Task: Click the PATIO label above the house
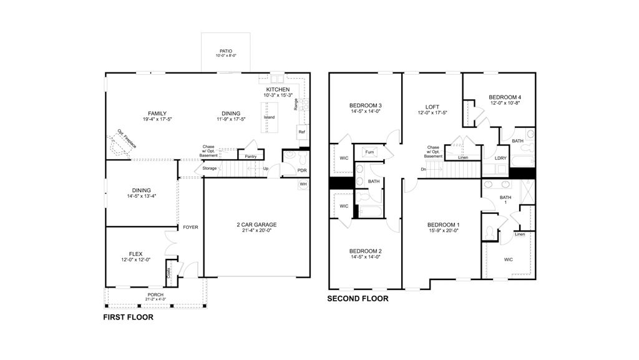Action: (x=226, y=51)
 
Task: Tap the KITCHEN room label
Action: (x=278, y=90)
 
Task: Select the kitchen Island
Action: (x=270, y=117)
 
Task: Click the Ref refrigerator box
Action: (x=302, y=132)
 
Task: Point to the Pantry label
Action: (x=251, y=157)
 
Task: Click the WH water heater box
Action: (x=303, y=184)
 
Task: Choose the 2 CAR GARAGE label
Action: (x=256, y=225)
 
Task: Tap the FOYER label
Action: (x=190, y=227)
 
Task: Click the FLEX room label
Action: (x=135, y=254)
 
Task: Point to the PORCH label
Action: (x=155, y=295)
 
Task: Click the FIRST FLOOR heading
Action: (x=129, y=317)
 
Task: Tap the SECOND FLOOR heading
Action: (x=358, y=298)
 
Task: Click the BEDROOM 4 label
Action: (x=505, y=97)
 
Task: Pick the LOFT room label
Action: (x=432, y=107)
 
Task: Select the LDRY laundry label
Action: (x=500, y=158)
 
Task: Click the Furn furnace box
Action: (x=369, y=152)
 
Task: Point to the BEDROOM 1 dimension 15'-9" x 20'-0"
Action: (x=444, y=230)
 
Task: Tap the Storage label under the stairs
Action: (x=210, y=168)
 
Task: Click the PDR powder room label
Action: (x=302, y=170)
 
